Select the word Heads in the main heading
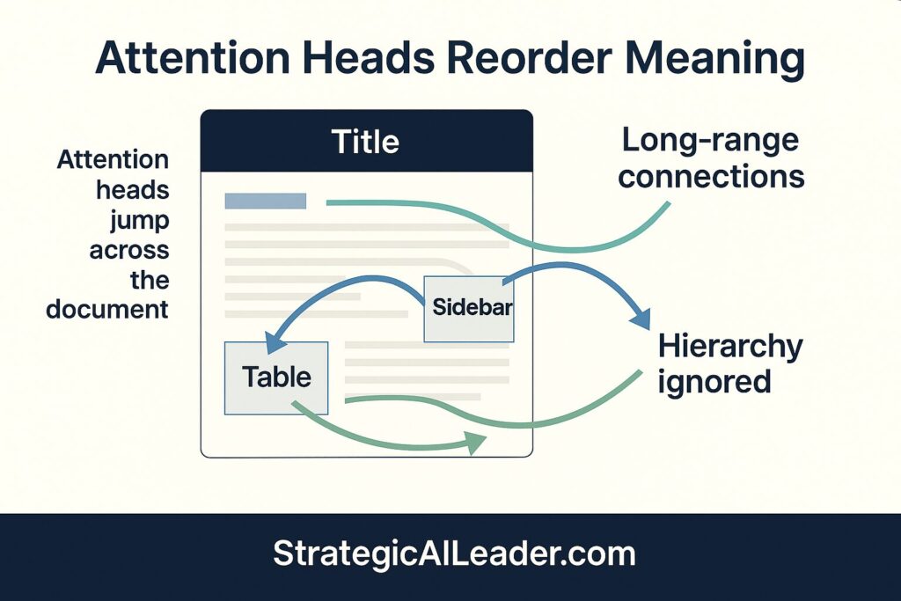point(362,60)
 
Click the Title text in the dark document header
point(365,142)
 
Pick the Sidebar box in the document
point(468,309)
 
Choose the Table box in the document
point(276,377)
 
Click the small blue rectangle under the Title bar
point(266,201)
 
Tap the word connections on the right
point(711,176)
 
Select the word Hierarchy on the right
point(730,346)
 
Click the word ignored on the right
point(714,382)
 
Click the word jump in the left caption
point(139,219)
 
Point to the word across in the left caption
point(129,249)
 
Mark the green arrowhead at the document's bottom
point(475,443)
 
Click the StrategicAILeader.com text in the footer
point(454,553)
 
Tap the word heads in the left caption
point(137,189)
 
